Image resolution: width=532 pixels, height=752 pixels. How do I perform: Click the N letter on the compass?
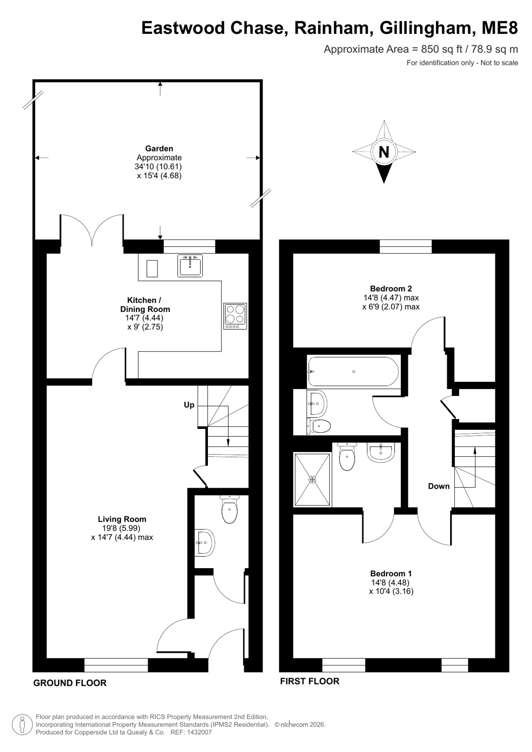(x=384, y=152)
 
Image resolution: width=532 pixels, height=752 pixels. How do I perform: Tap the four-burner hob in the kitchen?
(x=235, y=316)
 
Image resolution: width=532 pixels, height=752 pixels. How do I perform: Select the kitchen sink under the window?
(x=190, y=266)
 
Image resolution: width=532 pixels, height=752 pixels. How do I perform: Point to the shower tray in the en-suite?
(x=312, y=479)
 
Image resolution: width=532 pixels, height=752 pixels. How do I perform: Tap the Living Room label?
(x=122, y=519)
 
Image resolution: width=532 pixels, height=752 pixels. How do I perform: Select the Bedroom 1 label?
(x=391, y=573)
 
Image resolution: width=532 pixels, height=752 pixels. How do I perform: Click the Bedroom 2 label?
(x=391, y=288)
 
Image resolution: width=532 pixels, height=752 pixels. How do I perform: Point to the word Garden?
(x=159, y=149)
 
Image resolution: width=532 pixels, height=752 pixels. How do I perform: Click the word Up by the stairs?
(x=189, y=405)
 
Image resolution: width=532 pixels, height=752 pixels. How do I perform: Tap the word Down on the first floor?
(x=439, y=486)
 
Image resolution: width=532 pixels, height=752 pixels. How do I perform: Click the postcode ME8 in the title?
(x=500, y=28)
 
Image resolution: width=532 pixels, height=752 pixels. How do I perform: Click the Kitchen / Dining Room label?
(x=145, y=304)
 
